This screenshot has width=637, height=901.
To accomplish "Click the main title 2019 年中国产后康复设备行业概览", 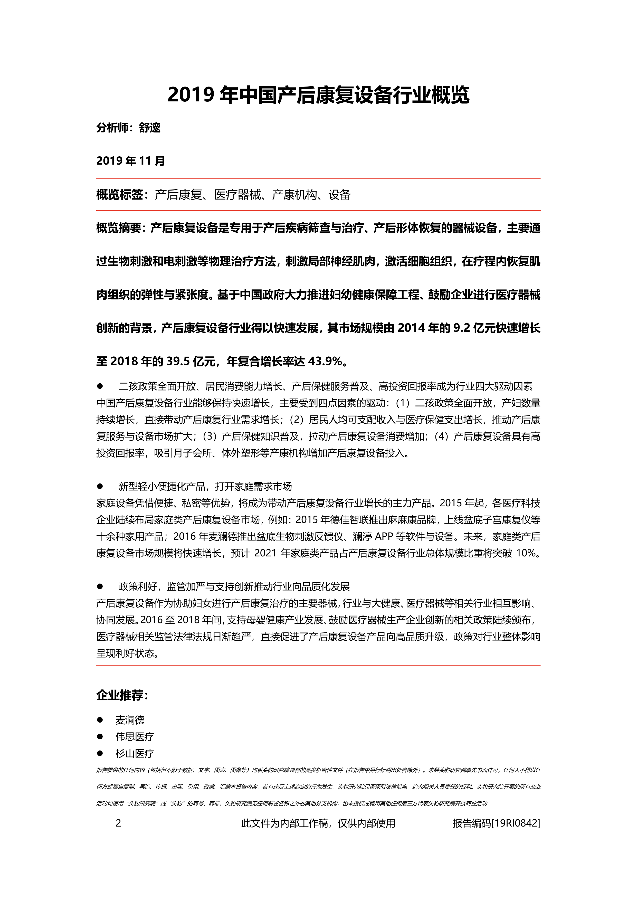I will tap(318, 95).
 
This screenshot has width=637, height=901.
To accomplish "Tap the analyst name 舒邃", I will tap(149, 128).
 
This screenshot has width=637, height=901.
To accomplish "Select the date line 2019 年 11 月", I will tap(131, 161).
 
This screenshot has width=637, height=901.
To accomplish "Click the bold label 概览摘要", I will tap(120, 228).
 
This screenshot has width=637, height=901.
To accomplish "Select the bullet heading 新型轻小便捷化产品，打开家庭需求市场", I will tap(205, 487).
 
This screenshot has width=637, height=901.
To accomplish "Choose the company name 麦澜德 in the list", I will tap(130, 720).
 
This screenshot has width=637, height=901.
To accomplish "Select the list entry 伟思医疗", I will tap(135, 737).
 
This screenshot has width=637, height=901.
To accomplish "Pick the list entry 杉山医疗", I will tap(135, 753).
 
